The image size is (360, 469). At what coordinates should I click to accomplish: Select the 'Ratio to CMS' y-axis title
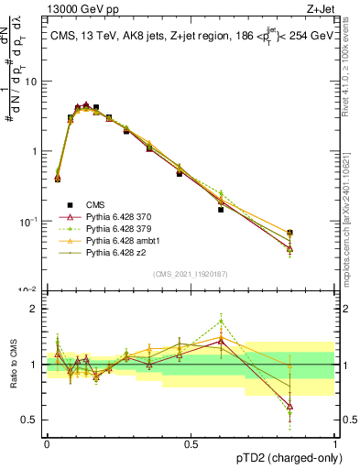12,365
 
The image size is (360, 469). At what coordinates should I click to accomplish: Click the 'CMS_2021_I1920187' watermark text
191,274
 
